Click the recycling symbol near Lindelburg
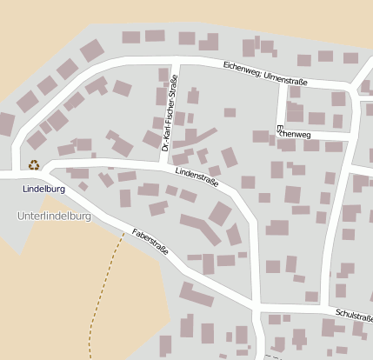34,164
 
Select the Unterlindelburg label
54,214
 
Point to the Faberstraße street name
150,243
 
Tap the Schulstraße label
352,315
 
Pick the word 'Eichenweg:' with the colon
242,68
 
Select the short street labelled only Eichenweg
313,136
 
